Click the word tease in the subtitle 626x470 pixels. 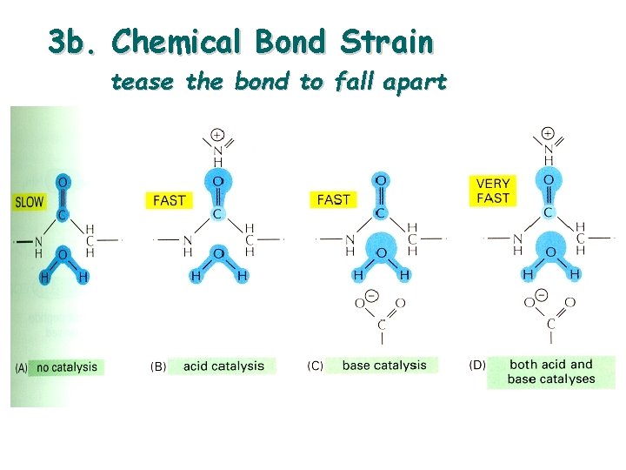click(136, 82)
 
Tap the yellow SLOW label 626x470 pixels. click(30, 202)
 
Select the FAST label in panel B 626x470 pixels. click(169, 200)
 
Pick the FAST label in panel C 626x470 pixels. click(334, 200)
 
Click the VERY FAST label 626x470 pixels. click(493, 191)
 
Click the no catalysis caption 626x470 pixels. click(67, 367)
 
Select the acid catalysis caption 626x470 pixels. click(223, 366)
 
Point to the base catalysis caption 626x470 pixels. click(384, 366)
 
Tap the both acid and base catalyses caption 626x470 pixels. click(551, 372)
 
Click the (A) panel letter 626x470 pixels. click(23, 367)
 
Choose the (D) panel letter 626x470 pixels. click(477, 365)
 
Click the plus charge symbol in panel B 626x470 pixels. click(216, 135)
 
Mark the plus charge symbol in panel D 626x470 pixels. click(548, 133)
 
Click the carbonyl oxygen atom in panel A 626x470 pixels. click(62, 183)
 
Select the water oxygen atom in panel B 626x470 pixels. click(218, 253)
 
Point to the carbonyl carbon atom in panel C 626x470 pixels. click(380, 213)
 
